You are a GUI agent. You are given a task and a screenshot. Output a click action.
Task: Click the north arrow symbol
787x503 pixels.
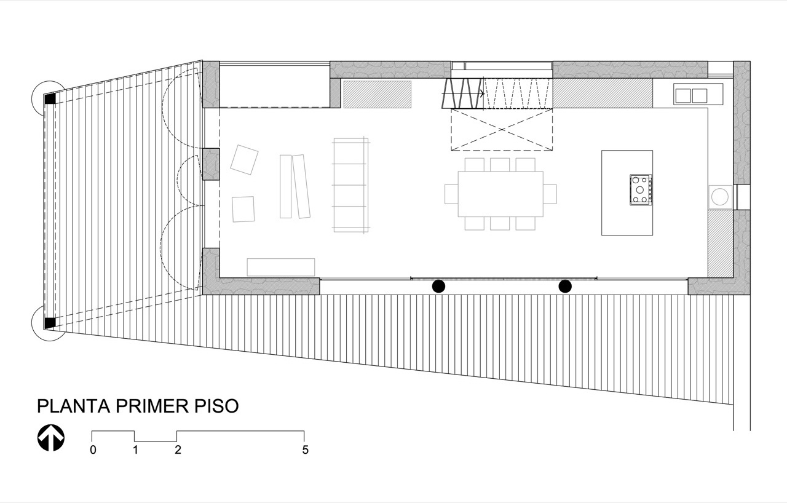51,438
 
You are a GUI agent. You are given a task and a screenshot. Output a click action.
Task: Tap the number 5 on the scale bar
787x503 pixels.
306,450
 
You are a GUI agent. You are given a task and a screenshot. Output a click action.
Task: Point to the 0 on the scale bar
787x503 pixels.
93,450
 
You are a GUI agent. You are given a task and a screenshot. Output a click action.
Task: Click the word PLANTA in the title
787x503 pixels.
74,406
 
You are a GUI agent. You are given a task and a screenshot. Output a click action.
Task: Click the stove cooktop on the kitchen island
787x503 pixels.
641,189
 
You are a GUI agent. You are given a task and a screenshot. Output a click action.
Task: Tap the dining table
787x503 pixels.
500,194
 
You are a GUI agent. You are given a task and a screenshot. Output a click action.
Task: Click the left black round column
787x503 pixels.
438,287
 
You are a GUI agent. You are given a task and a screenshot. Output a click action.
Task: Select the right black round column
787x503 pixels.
565,287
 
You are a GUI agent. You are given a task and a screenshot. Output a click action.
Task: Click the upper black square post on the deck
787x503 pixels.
50,99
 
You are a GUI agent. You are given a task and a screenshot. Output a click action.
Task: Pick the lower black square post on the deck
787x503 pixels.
50,323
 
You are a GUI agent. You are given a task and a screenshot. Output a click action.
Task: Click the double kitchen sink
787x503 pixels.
691,95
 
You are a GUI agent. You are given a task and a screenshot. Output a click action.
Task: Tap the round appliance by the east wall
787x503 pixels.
720,197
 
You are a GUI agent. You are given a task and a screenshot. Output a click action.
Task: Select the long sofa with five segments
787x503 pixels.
350,185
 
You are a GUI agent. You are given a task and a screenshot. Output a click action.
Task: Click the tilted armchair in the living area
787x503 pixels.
244,159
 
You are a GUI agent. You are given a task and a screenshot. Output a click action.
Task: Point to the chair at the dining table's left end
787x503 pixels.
451,194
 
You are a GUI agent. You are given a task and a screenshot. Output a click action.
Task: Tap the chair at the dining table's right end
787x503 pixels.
550,194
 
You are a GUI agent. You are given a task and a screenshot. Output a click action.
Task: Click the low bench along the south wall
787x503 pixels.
281,267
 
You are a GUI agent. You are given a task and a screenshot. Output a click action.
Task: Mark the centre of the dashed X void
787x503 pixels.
502,130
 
